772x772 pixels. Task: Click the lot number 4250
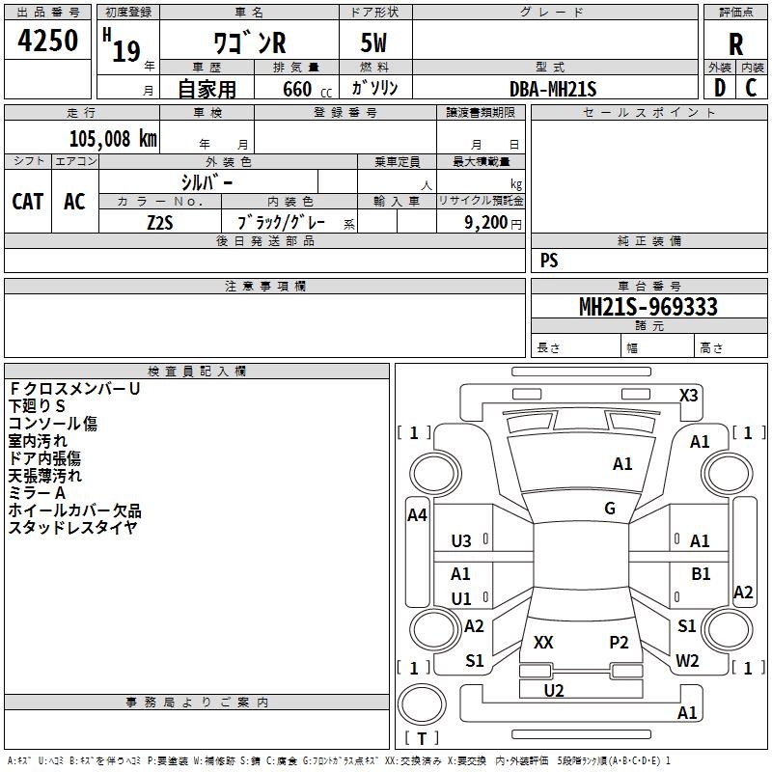[x=48, y=41]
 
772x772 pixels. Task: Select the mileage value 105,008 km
[x=113, y=138]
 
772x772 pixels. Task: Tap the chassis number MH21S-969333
[x=648, y=307]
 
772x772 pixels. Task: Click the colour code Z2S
[x=160, y=222]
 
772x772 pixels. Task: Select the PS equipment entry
[x=549, y=261]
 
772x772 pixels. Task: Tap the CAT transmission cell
[x=28, y=201]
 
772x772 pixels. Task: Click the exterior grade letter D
[x=719, y=88]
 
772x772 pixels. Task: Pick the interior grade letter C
[x=751, y=88]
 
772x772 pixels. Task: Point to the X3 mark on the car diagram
[x=689, y=396]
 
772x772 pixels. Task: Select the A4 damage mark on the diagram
[x=417, y=515]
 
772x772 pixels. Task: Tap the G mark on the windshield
[x=610, y=509]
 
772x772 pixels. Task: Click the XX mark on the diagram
[x=543, y=642]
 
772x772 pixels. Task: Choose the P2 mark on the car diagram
[x=619, y=642]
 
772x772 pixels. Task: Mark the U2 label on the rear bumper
[x=554, y=690]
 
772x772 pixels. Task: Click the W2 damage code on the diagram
[x=687, y=661]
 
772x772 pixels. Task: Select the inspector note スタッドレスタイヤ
[x=72, y=527]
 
